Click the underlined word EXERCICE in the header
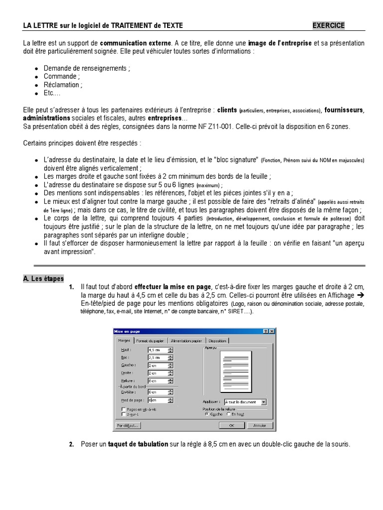pyautogui.click(x=328, y=25)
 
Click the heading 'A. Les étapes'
pyautogui.click(x=43, y=278)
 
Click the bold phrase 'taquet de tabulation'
pyautogui.click(x=138, y=444)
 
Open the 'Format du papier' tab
pyautogui.click(x=150, y=341)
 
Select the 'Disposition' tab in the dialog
pyautogui.click(x=217, y=341)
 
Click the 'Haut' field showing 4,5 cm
pyautogui.click(x=157, y=350)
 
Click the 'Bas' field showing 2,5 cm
pyautogui.click(x=157, y=358)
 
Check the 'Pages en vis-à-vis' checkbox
pyautogui.click(x=123, y=409)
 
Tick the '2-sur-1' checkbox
pyautogui.click(x=123, y=414)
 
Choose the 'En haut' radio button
pyautogui.click(x=229, y=414)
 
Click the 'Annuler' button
pyautogui.click(x=259, y=426)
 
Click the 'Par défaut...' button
pyautogui.click(x=128, y=426)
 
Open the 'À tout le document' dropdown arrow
pyautogui.click(x=264, y=401)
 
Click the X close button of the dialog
pyautogui.click(x=271, y=331)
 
